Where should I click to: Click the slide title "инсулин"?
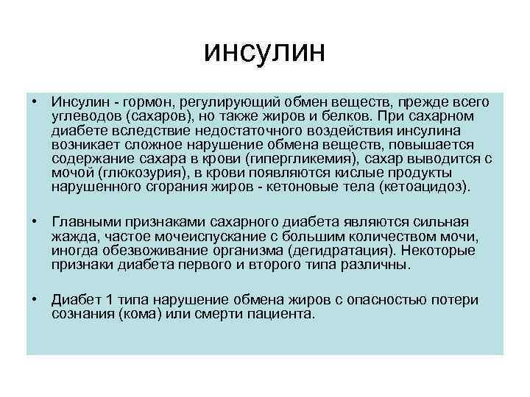[266, 54]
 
